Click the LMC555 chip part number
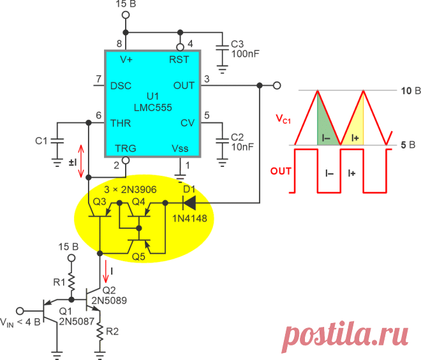[x=153, y=108]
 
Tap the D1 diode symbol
[x=189, y=203]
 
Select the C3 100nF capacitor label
[x=245, y=49]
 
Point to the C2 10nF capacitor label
[x=242, y=142]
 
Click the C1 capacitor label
[x=41, y=141]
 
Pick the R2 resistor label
[x=112, y=331]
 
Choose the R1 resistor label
[x=59, y=282]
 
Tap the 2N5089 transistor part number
[x=109, y=301]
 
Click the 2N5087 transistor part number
[x=77, y=321]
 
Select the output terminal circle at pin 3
[x=277, y=85]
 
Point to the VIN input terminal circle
[x=20, y=311]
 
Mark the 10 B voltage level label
[x=411, y=91]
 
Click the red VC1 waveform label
[x=283, y=119]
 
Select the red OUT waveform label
[x=281, y=171]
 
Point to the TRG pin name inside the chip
[x=126, y=148]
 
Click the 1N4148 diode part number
[x=189, y=219]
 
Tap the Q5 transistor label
[x=138, y=257]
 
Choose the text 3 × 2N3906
[x=130, y=190]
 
